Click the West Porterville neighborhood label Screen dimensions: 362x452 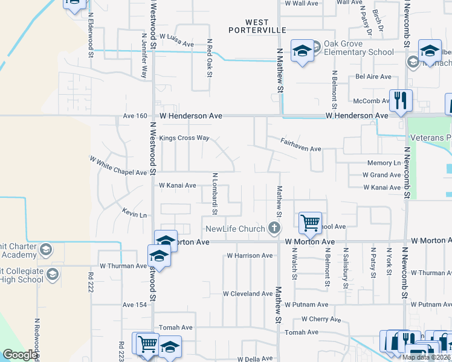(248, 25)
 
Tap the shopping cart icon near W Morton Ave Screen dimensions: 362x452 (310, 223)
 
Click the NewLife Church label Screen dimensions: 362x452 (235, 229)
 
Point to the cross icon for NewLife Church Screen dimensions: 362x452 (274, 228)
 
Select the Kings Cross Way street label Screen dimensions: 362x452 (184, 138)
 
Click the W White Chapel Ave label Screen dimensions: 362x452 (118, 167)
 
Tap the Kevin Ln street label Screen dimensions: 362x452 (135, 215)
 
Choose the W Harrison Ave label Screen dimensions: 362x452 (250, 256)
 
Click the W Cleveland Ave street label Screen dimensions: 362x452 (248, 294)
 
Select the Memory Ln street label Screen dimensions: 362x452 (384, 164)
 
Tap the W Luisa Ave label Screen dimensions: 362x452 (176, 44)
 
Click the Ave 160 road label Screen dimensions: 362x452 (135, 116)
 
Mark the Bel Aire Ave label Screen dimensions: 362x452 (373, 77)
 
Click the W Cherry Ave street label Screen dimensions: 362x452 (323, 319)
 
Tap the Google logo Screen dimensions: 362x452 (20, 355)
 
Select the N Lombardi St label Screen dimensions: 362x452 (215, 194)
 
